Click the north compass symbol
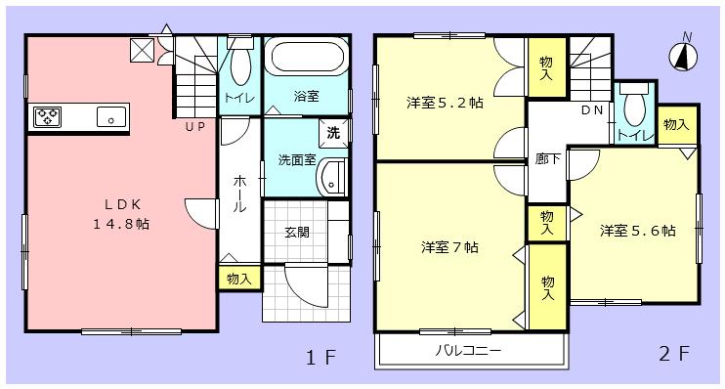coord(687,50)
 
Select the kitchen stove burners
coord(47,117)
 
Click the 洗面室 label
coord(296,159)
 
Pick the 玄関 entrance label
coord(298,232)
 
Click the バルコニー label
coord(467,348)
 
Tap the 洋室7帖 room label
coord(449,246)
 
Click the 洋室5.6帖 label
coord(638,231)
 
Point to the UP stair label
coord(194,127)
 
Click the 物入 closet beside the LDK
coord(238,279)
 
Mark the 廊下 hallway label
coord(547,159)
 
